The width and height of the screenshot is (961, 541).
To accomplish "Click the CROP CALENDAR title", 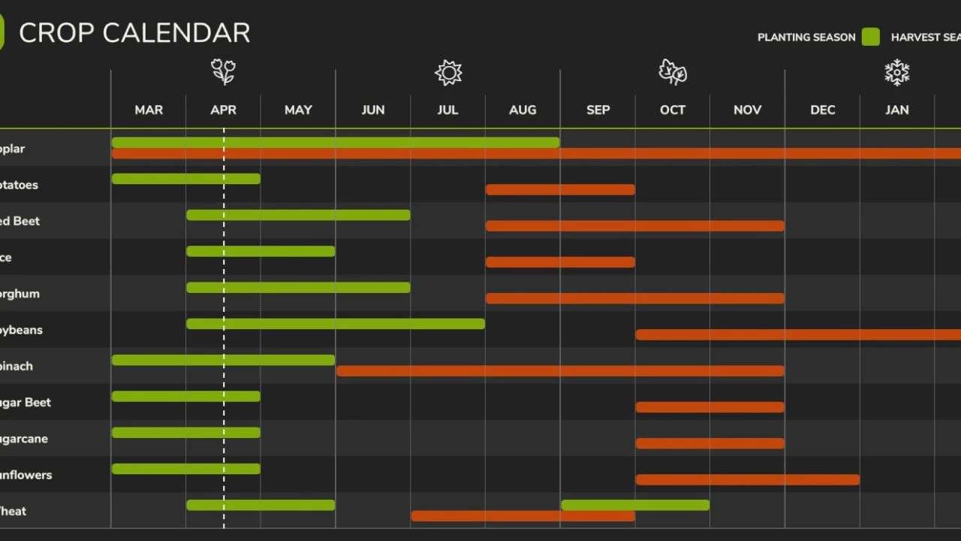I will click(134, 33).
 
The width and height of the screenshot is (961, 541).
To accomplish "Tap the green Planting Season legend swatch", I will click(870, 37).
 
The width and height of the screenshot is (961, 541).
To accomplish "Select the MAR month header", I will click(149, 110).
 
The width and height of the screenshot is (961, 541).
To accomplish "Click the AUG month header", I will click(523, 110).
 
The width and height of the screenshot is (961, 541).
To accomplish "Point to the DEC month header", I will click(822, 110).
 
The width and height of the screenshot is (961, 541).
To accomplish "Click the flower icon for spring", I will click(223, 72).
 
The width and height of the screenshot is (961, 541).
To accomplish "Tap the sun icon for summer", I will click(448, 72).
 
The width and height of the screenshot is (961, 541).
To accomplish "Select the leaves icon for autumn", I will click(673, 72).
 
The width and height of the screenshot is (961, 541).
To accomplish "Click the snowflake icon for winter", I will click(896, 72).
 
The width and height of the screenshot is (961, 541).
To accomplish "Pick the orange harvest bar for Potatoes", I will click(560, 189).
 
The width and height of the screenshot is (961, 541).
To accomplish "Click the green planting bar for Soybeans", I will click(336, 324).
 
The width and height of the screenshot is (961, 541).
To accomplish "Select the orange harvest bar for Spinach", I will click(560, 371).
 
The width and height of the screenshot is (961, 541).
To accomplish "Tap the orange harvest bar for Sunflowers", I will click(747, 480).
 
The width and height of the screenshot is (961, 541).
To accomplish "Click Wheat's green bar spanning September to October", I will click(635, 505).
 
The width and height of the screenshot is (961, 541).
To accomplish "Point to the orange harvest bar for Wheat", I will click(523, 516).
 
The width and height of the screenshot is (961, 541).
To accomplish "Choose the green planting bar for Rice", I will click(261, 251).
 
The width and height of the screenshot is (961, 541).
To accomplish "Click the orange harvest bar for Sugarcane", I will click(709, 443).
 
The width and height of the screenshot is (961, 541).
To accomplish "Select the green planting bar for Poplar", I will click(336, 142).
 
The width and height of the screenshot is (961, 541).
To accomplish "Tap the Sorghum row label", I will click(20, 294).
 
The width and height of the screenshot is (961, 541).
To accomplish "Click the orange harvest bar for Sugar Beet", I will click(709, 407).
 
